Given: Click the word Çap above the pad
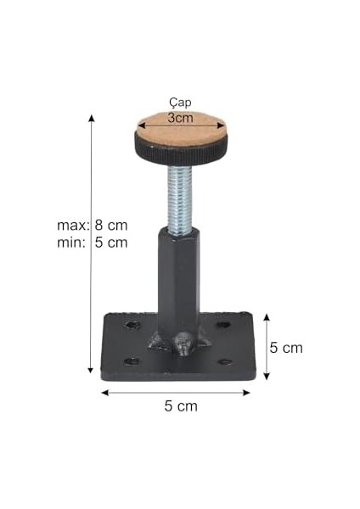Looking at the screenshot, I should [180, 103].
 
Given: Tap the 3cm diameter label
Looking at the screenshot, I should [180, 118].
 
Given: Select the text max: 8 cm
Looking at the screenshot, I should [93, 226].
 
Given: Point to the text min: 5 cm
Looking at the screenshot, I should [93, 243].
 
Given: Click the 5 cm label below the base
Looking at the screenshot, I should [180, 406].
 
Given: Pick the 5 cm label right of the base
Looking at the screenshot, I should [286, 347].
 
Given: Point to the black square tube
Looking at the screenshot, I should [177, 271].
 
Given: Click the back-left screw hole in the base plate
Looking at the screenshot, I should [132, 325].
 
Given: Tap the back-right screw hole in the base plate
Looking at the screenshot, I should [222, 325].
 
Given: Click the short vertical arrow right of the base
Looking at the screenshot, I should [267, 346].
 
